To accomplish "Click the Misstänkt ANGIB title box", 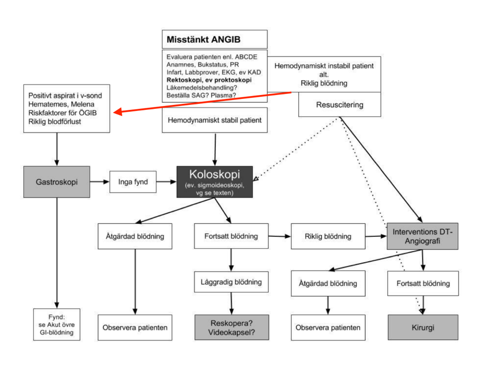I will tap(214, 39).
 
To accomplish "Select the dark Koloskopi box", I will tap(215, 182).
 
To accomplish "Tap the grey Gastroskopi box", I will tap(56, 182).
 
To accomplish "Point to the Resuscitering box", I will tap(339, 105).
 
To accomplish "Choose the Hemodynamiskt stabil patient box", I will tap(215, 120).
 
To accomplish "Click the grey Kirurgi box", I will tap(422, 327).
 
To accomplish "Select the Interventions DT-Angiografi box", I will tap(422, 236).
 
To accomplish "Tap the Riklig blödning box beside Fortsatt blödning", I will tap(328, 236).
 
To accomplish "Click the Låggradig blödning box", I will tap(231, 282).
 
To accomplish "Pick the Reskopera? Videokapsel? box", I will tap(231, 327).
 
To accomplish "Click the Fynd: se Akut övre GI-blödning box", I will tap(56, 324).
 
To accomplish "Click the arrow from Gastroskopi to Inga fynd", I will tap(100, 182).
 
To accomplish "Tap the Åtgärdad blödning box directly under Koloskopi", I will tap(135, 236).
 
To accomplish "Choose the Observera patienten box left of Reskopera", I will tap(135, 328).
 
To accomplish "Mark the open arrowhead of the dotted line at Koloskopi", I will tap(255, 178).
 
